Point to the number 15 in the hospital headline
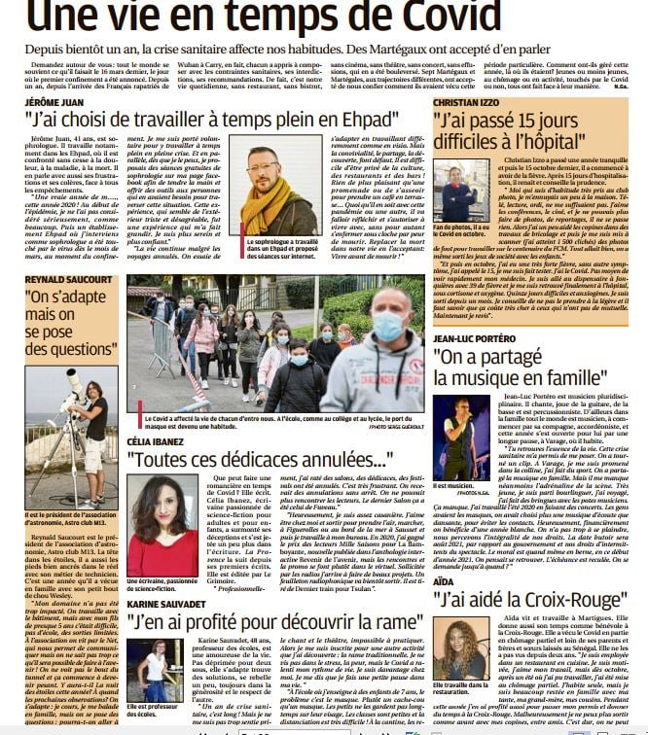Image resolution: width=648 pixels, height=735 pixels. pos(551,123)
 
